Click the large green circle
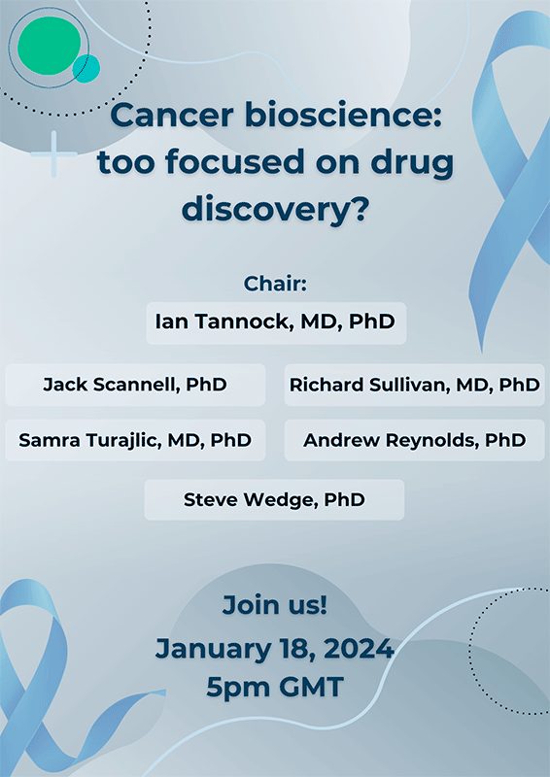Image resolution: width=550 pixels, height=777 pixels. coord(50,43)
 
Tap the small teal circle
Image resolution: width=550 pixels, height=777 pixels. coord(86,69)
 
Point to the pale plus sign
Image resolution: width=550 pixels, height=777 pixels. coord(54,155)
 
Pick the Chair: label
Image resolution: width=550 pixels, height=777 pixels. coord(275,285)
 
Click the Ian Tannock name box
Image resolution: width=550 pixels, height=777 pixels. coord(275,321)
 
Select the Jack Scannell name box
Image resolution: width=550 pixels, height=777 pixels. coord(135,385)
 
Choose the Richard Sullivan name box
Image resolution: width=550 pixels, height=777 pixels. coord(414,385)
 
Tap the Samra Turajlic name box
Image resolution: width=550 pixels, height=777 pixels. coord(135,440)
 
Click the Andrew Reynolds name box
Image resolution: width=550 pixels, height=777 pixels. coord(414,440)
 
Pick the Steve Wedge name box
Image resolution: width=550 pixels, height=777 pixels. coord(274,500)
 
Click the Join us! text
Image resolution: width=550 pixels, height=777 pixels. coord(275,605)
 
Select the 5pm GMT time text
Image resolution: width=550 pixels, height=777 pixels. coord(275,688)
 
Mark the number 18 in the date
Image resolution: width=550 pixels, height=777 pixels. coord(290,648)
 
